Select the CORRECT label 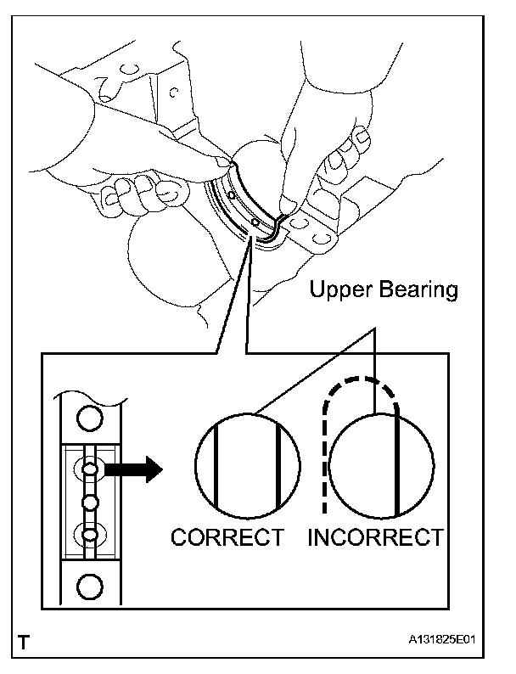[x=227, y=537]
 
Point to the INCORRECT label [x=375, y=537]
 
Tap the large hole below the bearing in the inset [x=90, y=585]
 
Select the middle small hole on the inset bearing [x=90, y=503]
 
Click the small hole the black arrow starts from [x=90, y=469]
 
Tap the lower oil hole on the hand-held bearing [x=255, y=223]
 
